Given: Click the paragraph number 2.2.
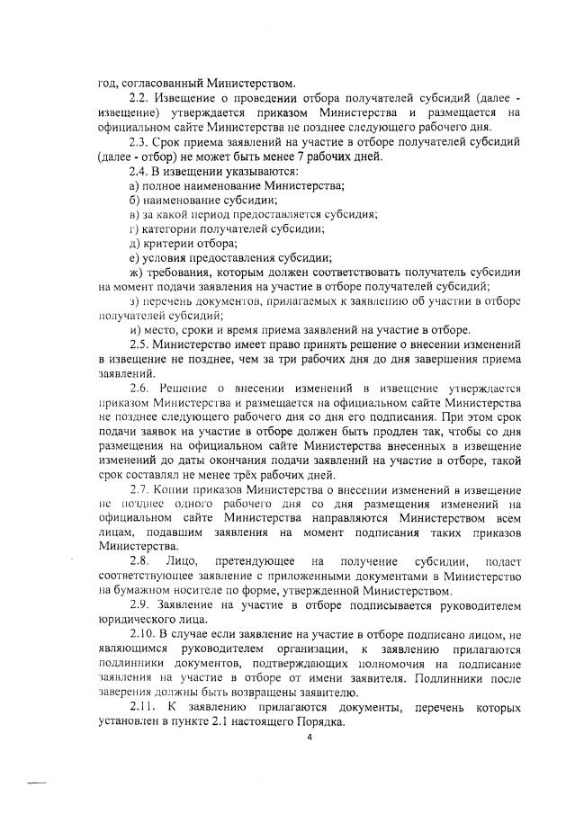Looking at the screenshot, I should (139, 96).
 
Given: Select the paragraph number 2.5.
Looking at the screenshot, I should (139, 344).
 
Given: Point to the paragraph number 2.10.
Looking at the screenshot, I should (141, 636).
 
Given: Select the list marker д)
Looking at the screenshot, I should (135, 244).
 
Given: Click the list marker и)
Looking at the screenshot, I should (135, 330).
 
